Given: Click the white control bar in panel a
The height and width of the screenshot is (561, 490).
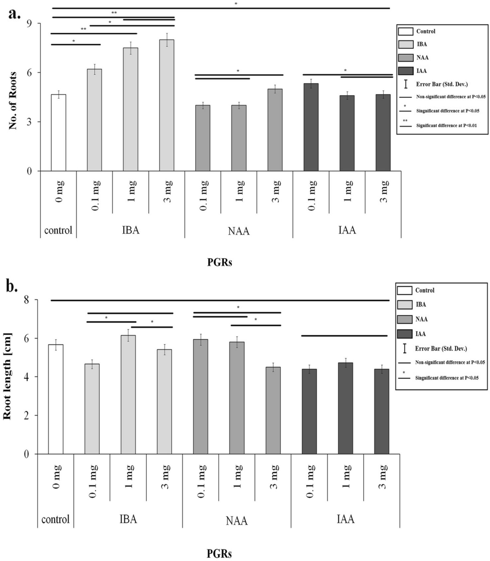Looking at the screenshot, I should click(x=58, y=133).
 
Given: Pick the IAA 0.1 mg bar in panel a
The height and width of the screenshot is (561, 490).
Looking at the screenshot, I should click(x=311, y=128).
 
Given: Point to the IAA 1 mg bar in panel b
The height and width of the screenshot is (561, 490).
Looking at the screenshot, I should click(x=345, y=408).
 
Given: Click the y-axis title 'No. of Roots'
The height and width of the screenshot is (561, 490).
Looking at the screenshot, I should click(x=13, y=101).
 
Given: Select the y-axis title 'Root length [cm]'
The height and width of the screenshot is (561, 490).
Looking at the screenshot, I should click(x=7, y=376).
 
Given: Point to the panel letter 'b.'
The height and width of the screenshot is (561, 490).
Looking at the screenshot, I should click(x=12, y=286).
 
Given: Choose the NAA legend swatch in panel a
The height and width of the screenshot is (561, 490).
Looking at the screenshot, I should click(x=406, y=57).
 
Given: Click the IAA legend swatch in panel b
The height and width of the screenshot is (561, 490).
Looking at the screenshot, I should click(x=404, y=334).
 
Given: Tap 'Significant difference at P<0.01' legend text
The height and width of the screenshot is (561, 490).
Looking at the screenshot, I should click(x=446, y=126).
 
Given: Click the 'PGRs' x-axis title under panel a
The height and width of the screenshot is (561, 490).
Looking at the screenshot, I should click(x=220, y=263).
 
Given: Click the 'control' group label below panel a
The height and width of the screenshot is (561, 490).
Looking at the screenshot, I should click(x=58, y=230).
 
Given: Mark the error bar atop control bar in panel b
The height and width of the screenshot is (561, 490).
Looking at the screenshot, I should click(x=56, y=345).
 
